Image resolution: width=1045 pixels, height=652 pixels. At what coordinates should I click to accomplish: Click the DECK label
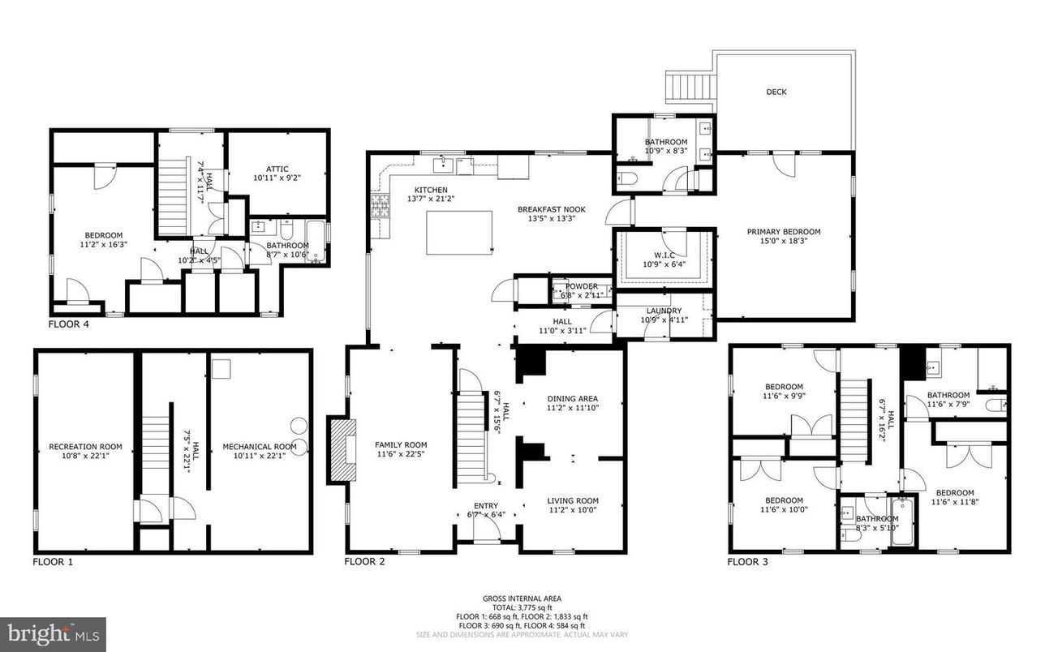point(776,92)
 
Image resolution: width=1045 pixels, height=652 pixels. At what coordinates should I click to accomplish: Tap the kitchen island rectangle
point(460,233)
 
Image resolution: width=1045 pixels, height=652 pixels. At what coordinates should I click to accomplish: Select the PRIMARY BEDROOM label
point(784,232)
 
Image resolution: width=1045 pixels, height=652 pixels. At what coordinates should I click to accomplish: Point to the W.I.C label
point(664,255)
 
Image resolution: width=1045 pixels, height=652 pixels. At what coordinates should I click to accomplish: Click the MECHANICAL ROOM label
point(260,446)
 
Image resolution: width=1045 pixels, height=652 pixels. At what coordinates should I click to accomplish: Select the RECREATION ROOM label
point(85,446)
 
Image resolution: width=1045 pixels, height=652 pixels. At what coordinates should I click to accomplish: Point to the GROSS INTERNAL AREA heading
point(522,598)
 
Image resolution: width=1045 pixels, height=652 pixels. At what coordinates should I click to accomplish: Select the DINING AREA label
point(573,398)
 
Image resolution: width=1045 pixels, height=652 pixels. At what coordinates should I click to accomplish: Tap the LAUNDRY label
point(664,311)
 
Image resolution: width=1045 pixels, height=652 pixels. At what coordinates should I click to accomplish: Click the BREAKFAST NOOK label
point(551,209)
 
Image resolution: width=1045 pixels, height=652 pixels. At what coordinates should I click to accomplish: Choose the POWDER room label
point(582,286)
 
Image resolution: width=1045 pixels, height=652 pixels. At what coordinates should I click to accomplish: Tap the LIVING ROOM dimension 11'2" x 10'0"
point(573,510)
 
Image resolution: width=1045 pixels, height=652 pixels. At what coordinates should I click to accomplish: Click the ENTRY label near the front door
point(486,506)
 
